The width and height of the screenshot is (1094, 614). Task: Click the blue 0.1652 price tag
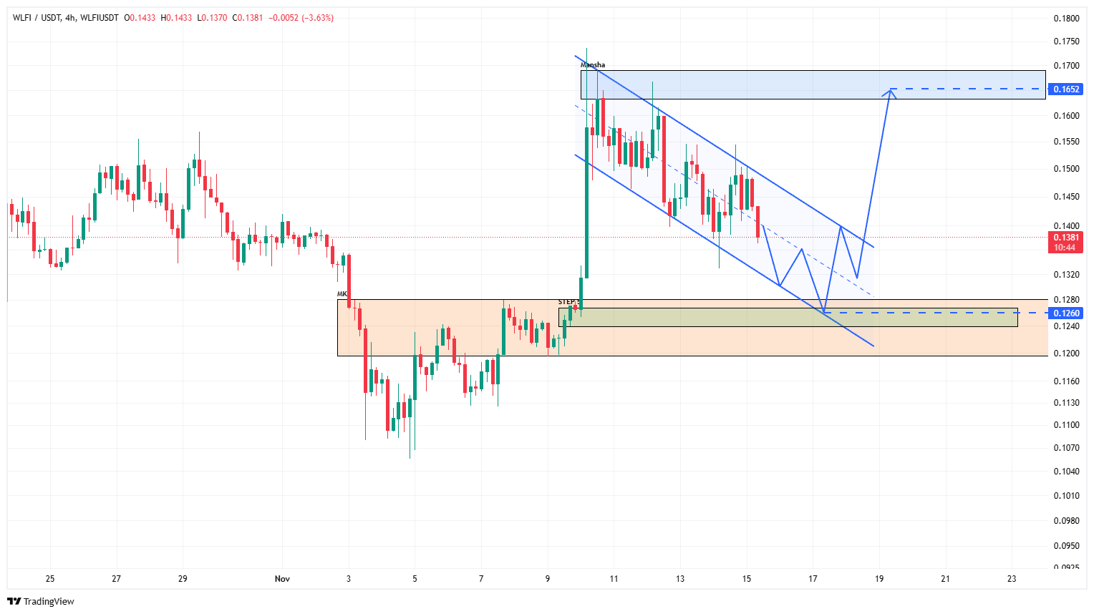coord(1065,89)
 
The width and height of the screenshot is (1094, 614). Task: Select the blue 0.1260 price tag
coord(1065,313)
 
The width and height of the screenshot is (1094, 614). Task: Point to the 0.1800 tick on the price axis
coord(1066,19)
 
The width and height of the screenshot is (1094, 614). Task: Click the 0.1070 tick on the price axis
coord(1066,448)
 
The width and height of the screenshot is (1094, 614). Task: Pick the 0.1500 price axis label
coord(1066,169)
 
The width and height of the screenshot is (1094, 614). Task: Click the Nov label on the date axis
coord(282,579)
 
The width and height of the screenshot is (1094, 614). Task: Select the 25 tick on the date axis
coord(50,579)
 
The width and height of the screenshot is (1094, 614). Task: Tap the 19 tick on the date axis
coord(879,579)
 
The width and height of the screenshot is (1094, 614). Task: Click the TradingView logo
coord(41,601)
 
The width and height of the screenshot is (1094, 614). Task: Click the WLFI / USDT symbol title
coord(37,18)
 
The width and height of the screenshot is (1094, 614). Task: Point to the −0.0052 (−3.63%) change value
coord(301,18)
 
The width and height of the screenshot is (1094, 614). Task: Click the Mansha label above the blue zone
coord(592,65)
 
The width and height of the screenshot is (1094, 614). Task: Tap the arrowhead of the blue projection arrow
coord(891,90)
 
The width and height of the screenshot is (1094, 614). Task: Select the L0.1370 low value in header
coord(213,18)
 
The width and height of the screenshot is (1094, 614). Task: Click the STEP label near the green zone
coord(568,302)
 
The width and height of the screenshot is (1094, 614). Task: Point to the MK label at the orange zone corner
coord(342,294)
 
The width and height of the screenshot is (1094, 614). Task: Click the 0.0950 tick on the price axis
coord(1066,545)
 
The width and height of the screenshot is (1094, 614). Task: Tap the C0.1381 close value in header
coord(248,18)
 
